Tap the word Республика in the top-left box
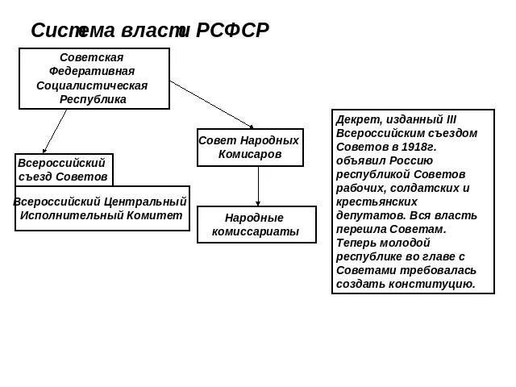93,98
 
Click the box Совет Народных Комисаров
250,147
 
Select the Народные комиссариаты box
256,224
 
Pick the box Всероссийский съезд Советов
64,169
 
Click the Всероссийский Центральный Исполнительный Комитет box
102,208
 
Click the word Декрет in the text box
355,119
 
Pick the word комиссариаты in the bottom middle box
256,232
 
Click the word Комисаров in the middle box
250,154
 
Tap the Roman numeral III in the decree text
451,119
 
